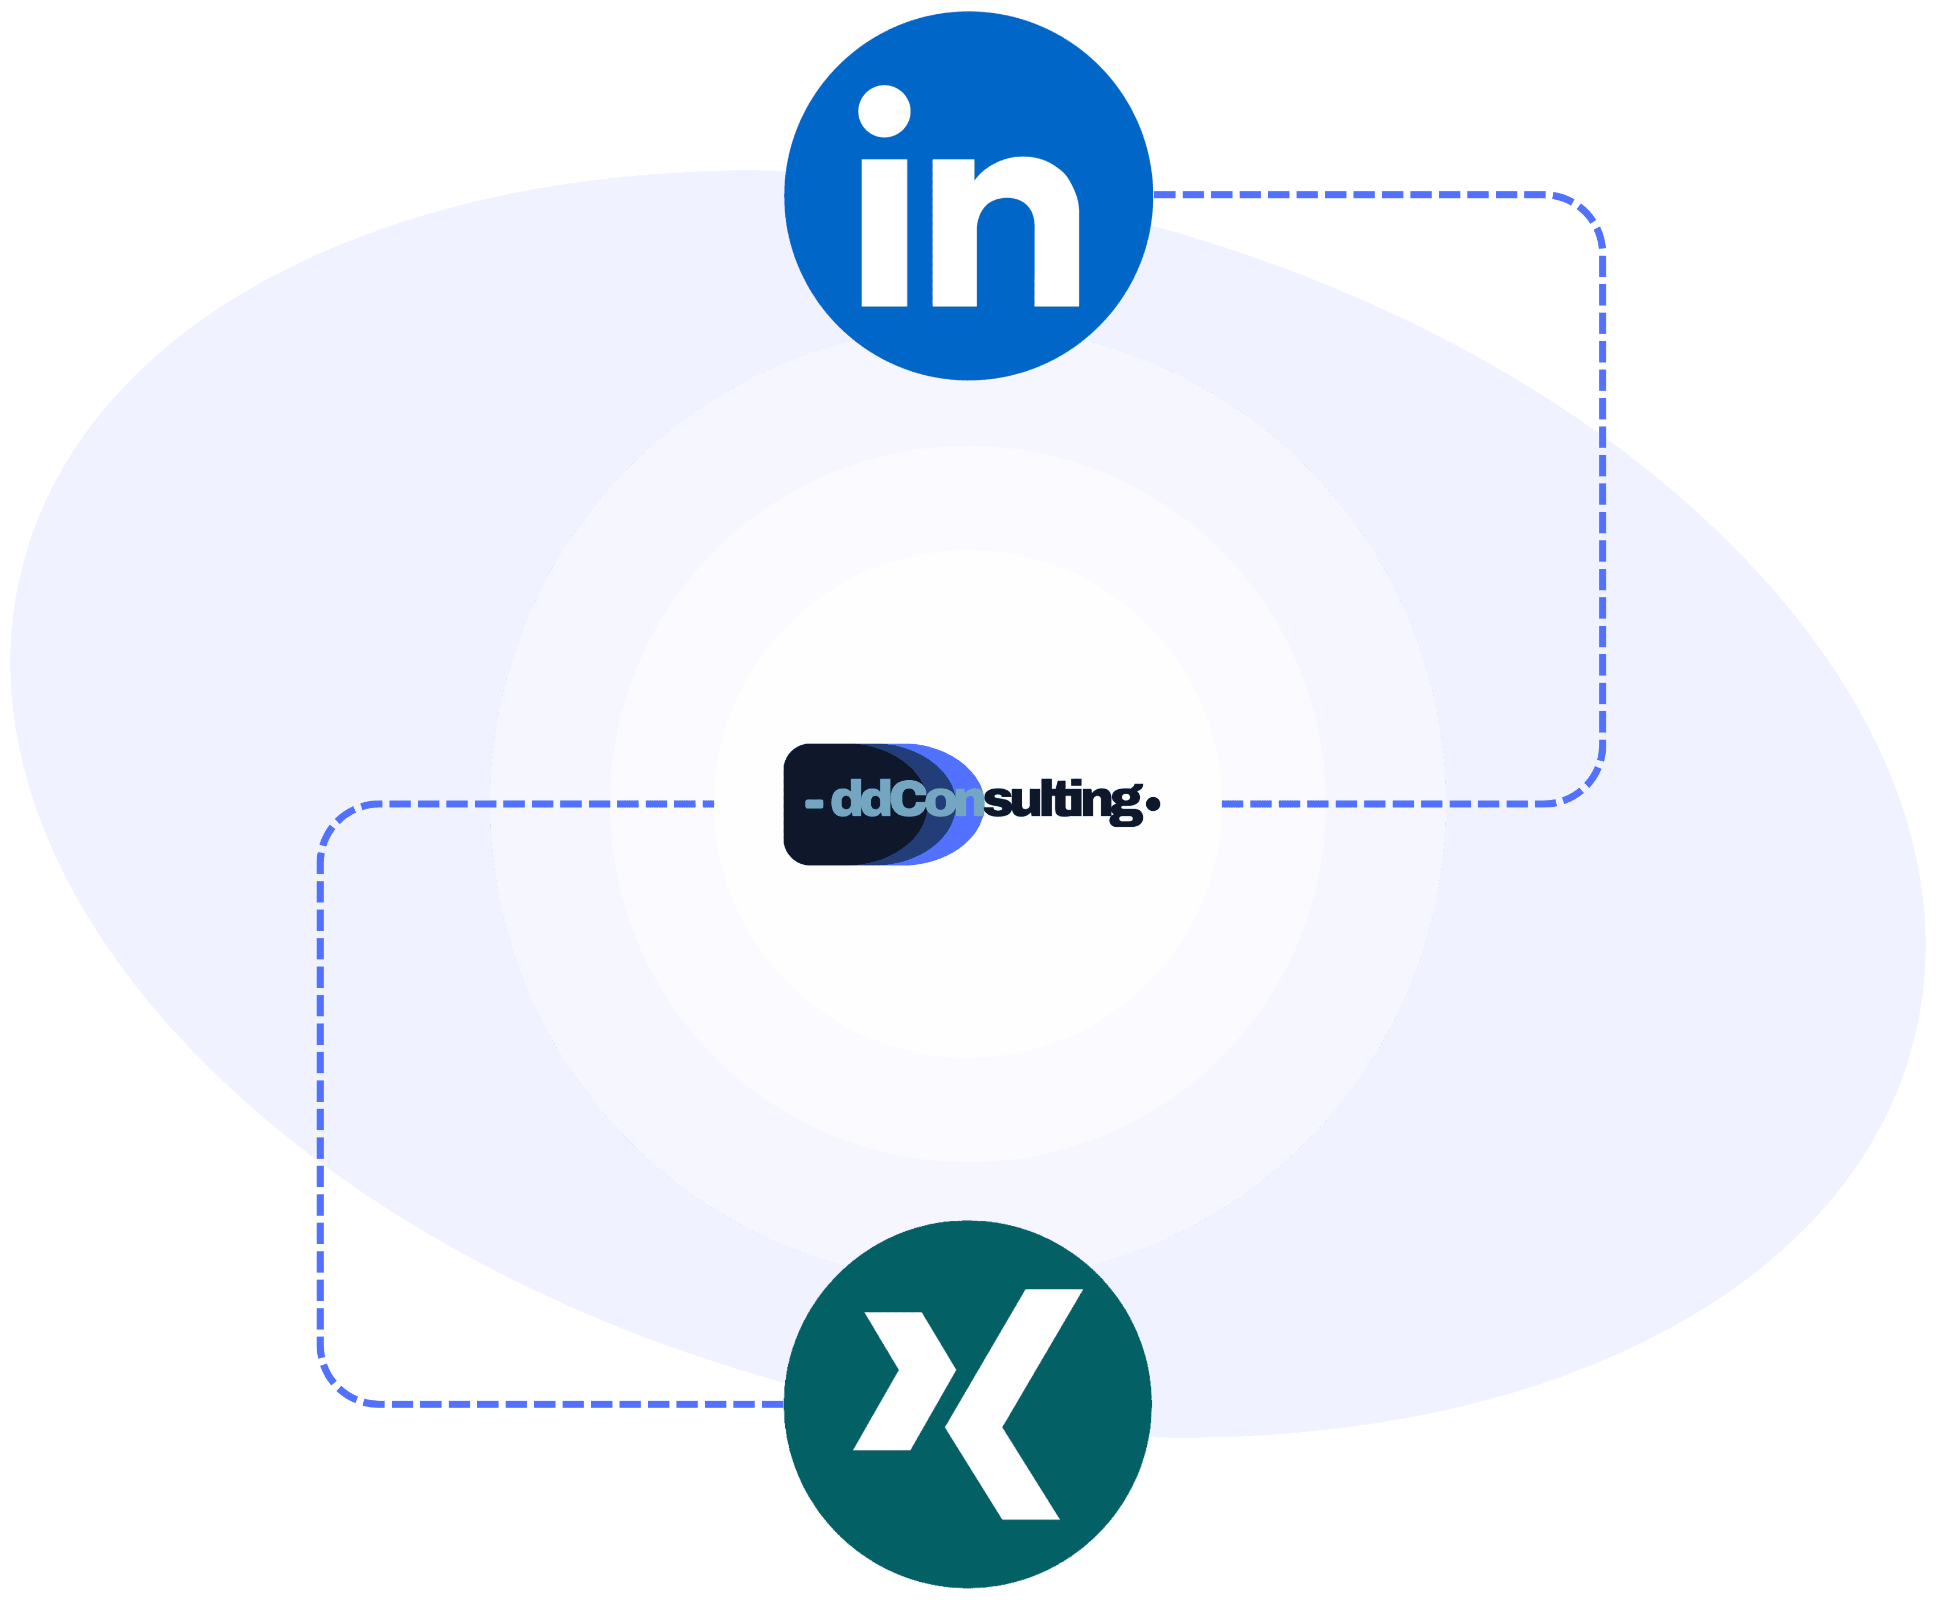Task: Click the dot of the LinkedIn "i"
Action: (885, 112)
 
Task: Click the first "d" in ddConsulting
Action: (846, 799)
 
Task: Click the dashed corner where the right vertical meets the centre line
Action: (1587, 788)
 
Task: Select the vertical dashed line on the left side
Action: (321, 1106)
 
